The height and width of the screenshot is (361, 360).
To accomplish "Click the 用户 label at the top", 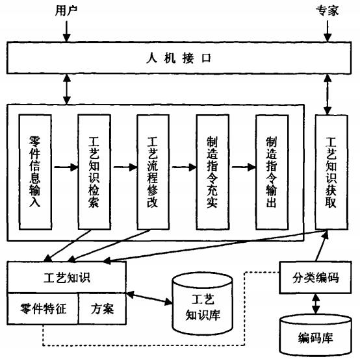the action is point(66,10).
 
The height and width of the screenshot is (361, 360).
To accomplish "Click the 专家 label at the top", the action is point(327,10).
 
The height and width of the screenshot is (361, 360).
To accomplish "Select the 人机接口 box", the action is point(179,58).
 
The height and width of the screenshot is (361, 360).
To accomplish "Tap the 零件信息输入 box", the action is point(35,172).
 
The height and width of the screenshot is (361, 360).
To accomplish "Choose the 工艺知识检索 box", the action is point(94,172).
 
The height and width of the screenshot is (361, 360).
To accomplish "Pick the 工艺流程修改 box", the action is point(153,172).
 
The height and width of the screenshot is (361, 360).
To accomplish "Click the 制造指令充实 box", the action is point(212,172).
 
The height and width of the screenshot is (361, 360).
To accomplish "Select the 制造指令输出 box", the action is point(272,172).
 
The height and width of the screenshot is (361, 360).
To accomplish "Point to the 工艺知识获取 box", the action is point(331,172).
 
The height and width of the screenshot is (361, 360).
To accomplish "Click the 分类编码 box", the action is point(315,277).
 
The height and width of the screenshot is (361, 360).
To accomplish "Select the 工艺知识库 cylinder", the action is point(203,304).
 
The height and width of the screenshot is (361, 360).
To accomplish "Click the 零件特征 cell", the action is point(43,309).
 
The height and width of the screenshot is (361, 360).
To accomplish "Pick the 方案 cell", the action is point(102,309).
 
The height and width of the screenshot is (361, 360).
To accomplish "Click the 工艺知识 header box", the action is point(67,277).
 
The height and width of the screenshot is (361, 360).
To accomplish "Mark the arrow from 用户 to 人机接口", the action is point(67,31).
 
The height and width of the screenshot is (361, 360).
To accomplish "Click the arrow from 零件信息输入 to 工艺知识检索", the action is point(66,167).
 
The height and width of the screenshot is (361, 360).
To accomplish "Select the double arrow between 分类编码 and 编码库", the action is point(316,304).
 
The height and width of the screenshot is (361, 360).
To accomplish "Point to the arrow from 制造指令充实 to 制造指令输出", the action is point(244,167).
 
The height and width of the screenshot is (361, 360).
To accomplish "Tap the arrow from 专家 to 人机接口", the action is point(328,31).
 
